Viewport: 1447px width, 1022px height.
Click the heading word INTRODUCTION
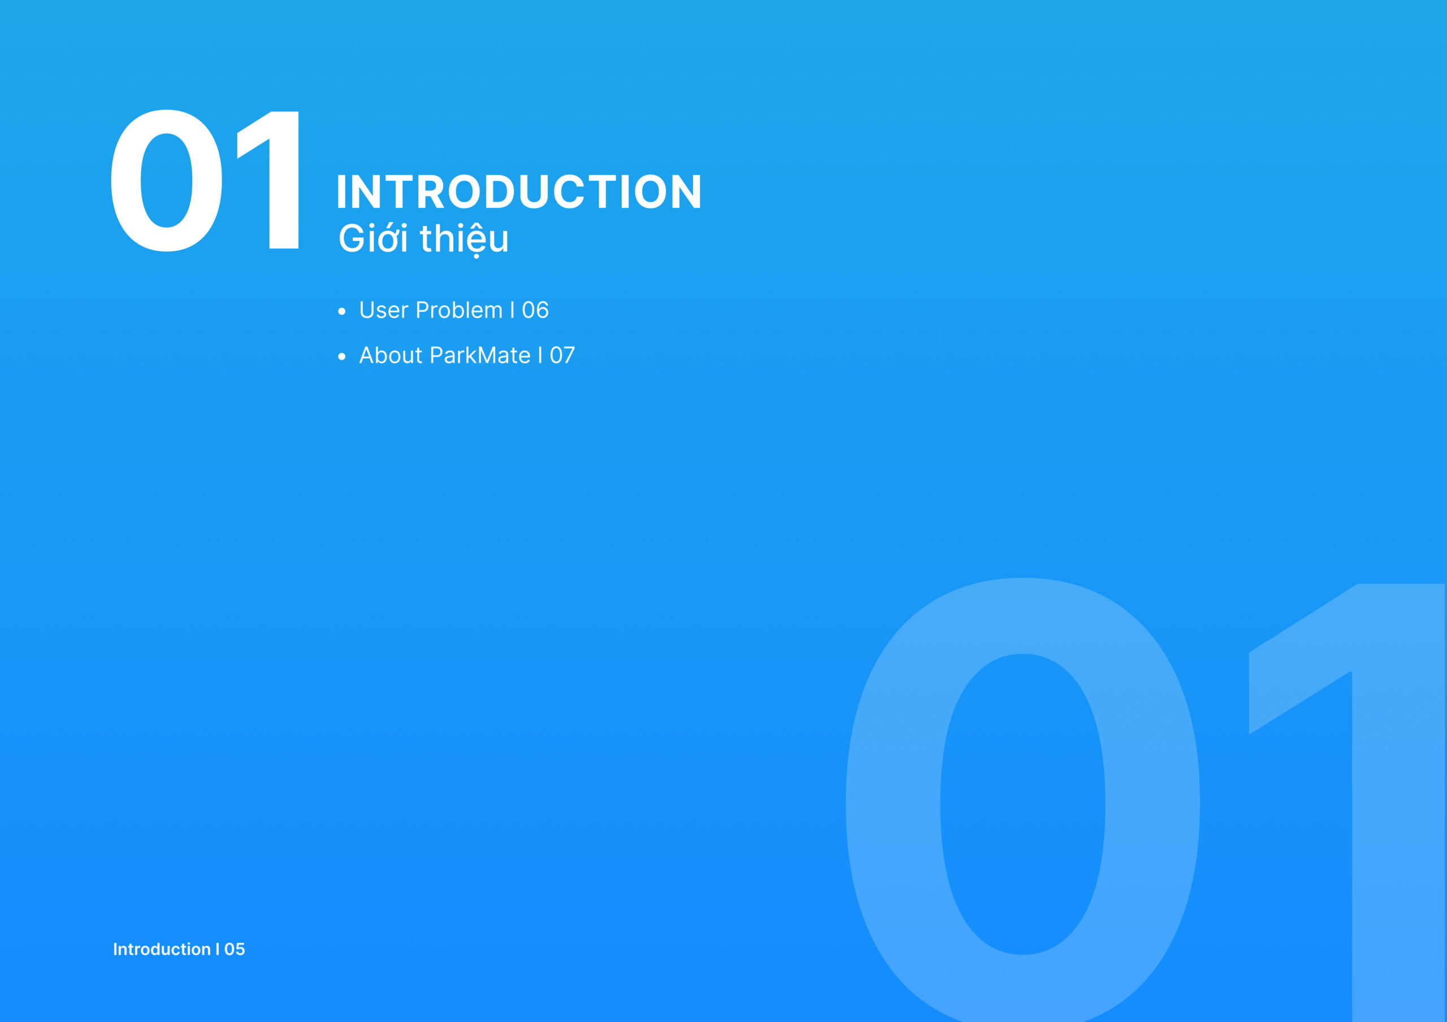click(x=519, y=192)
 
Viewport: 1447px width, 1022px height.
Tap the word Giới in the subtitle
click(x=373, y=238)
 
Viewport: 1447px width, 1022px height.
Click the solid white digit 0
click(x=166, y=181)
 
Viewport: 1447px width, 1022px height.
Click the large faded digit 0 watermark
click(x=1023, y=800)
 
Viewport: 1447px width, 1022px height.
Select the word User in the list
click(x=384, y=310)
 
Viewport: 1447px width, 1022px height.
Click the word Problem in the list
click(x=459, y=310)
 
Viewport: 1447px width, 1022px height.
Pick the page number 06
click(x=535, y=310)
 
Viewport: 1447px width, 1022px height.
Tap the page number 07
click(x=562, y=355)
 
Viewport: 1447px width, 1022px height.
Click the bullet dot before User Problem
click(x=341, y=311)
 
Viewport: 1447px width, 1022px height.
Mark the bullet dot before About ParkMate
click(x=341, y=356)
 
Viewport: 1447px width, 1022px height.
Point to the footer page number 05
click(x=235, y=949)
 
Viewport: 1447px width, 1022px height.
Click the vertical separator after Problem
click(x=512, y=310)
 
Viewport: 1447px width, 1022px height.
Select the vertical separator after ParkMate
click(x=540, y=355)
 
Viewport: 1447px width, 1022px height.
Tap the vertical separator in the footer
click(x=218, y=949)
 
